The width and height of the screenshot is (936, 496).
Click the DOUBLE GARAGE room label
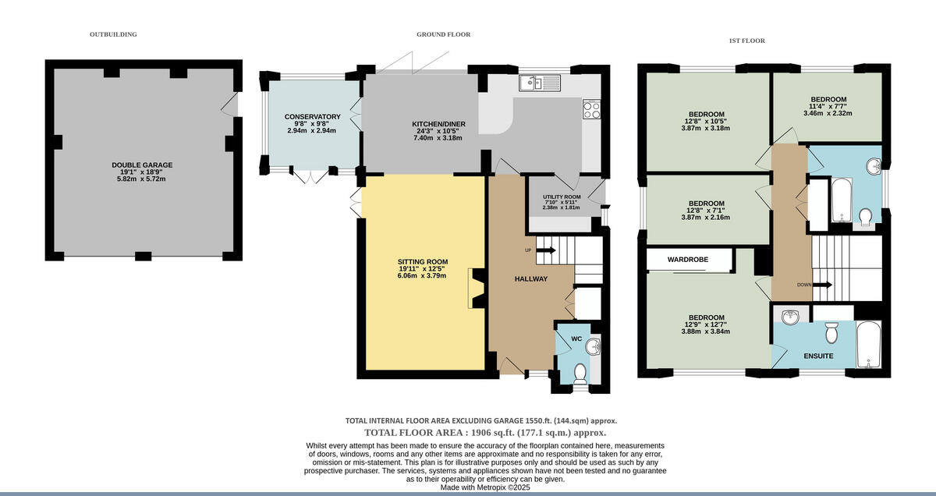(x=142, y=165)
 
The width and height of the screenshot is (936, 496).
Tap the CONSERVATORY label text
(x=312, y=117)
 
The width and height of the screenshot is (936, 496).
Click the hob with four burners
(x=591, y=110)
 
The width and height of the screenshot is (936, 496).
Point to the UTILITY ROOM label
(x=562, y=197)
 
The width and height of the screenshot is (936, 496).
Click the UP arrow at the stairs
(x=544, y=250)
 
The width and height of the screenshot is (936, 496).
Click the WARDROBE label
(x=688, y=259)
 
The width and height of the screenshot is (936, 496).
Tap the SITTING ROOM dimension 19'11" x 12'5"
(x=423, y=269)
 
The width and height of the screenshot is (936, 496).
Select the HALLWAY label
(x=531, y=278)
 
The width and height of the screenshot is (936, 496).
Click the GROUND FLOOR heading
(x=443, y=34)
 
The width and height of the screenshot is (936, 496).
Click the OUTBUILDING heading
(x=113, y=34)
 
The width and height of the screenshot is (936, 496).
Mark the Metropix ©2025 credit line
(x=484, y=487)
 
